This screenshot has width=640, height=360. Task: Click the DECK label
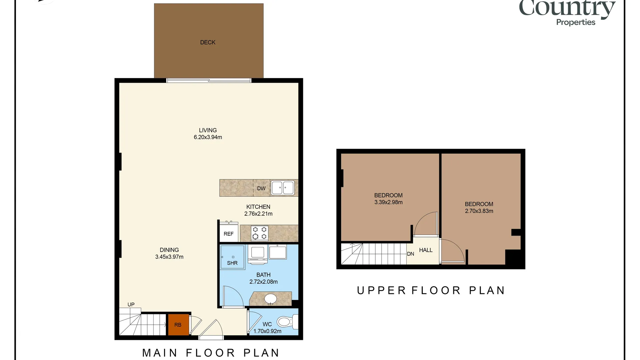(208, 42)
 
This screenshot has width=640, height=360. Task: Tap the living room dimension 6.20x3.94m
(208, 137)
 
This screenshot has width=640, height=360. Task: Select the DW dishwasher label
(261, 188)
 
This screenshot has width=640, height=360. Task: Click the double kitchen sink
(283, 188)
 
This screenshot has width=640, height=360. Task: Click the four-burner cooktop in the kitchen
(260, 233)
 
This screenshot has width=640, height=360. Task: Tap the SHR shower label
(232, 263)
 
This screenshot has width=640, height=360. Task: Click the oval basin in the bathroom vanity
(270, 299)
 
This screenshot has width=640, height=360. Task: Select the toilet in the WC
(287, 322)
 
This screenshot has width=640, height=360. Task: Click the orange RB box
(178, 325)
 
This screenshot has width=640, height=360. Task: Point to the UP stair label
(131, 304)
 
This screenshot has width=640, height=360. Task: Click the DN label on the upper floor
(411, 254)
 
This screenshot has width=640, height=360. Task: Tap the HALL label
(426, 250)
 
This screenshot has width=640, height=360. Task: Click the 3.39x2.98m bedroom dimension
(388, 202)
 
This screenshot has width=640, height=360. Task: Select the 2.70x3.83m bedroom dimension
(479, 211)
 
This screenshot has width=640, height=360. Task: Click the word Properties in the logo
(576, 22)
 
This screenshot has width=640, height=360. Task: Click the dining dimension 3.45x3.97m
(169, 257)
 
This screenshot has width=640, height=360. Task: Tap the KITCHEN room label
(258, 207)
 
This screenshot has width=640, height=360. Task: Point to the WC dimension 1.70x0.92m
(267, 331)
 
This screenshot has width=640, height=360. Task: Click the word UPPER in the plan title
(381, 290)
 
